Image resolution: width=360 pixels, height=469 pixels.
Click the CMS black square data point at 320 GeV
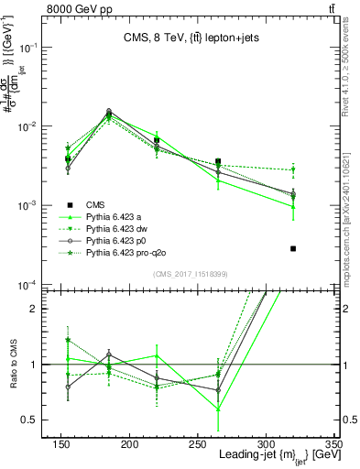coord(293,248)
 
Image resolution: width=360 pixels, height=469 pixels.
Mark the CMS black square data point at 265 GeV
coord(243,161)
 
